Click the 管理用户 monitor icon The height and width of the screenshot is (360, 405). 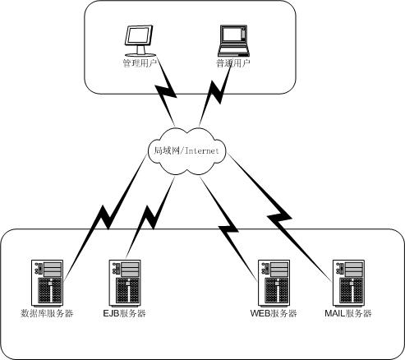pyautogui.click(x=139, y=40)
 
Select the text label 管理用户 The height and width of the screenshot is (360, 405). pyautogui.click(x=140, y=63)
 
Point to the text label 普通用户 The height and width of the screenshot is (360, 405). pyautogui.click(x=233, y=63)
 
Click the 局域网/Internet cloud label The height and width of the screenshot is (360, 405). pyautogui.click(x=186, y=150)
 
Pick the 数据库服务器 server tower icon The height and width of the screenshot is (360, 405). pyautogui.click(x=47, y=283)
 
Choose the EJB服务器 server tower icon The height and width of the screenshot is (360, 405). pyautogui.click(x=125, y=283)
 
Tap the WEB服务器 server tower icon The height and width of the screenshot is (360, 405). pyautogui.click(x=274, y=283)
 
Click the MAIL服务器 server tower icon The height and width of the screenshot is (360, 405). pyautogui.click(x=348, y=283)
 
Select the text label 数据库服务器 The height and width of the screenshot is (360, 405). pyautogui.click(x=47, y=313)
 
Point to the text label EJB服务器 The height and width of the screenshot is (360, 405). pyautogui.click(x=124, y=313)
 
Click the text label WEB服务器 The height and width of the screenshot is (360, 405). pyautogui.click(x=274, y=313)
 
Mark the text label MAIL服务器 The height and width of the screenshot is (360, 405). pyautogui.click(x=348, y=313)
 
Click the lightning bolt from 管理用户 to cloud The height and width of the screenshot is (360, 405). pyautogui.click(x=166, y=92)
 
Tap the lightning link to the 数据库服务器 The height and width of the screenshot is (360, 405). pyautogui.click(x=105, y=216)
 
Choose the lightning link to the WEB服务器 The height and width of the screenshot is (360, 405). pyautogui.click(x=228, y=228)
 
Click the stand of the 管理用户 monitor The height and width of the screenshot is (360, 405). pyautogui.click(x=141, y=51)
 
